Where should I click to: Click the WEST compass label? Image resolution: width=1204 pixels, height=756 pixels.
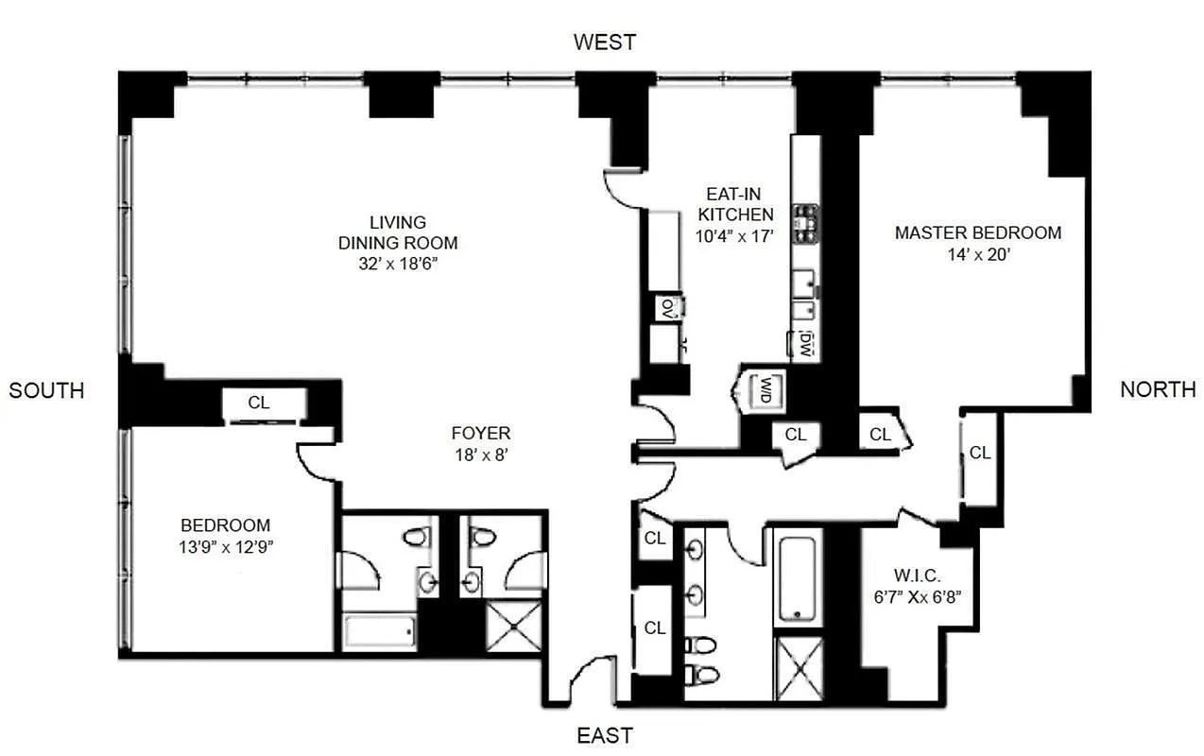point(605,42)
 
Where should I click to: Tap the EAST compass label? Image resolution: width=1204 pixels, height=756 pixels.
point(605,735)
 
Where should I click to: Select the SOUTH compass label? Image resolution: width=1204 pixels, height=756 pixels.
point(46,389)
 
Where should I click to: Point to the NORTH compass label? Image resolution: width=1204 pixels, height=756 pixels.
point(1158,389)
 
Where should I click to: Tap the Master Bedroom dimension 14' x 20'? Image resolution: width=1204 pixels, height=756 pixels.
point(978,253)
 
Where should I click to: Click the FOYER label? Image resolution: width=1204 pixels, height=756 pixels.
point(481,433)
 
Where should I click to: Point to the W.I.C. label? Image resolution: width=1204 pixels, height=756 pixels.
point(915,575)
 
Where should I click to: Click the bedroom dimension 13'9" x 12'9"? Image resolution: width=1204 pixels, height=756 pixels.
point(226,546)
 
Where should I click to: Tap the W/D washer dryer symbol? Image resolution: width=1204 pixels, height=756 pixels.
point(762,388)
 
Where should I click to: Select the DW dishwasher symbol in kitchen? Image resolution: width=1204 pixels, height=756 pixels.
point(805,341)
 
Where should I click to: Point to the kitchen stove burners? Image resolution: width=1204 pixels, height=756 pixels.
point(805,224)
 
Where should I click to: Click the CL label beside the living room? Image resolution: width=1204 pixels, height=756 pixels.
point(258,403)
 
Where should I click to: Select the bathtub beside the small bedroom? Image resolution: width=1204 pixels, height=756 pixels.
point(378,629)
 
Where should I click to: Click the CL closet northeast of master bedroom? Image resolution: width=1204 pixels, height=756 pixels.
point(980,453)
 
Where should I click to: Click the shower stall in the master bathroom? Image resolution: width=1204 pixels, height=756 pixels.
point(799,669)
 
